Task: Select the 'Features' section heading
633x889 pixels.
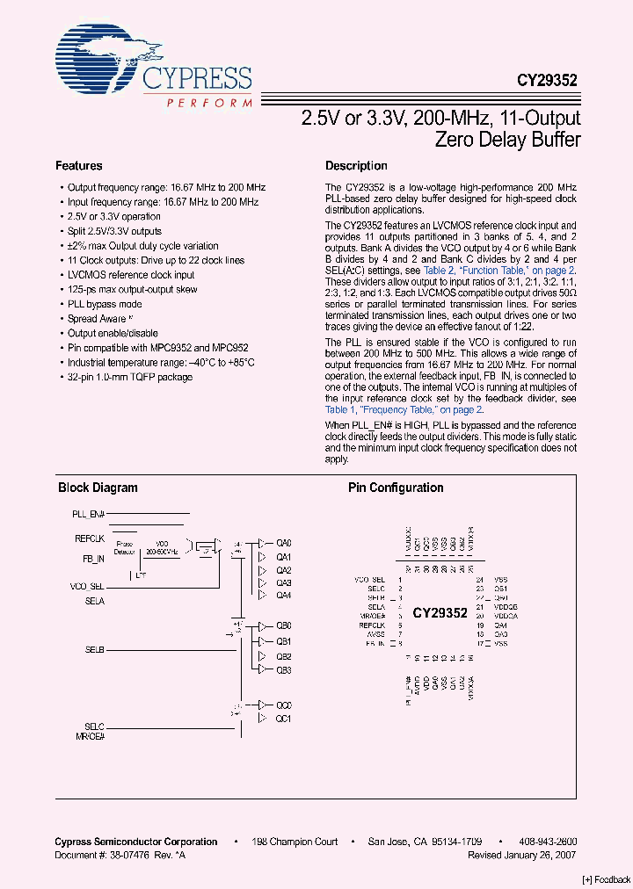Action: [x=78, y=166]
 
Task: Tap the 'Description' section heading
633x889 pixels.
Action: [x=356, y=166]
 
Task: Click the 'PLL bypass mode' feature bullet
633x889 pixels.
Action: [x=105, y=304]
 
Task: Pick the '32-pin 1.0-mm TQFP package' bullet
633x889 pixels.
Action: [x=130, y=377]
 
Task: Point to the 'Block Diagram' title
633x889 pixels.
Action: [x=98, y=488]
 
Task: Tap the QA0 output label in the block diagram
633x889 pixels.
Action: [x=283, y=544]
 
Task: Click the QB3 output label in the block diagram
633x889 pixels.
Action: [x=283, y=669]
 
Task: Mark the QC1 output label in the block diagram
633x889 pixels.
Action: [x=283, y=719]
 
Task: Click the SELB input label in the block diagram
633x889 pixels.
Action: [x=95, y=649]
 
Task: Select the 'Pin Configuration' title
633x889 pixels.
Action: [x=396, y=488]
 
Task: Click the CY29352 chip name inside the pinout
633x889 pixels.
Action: [x=440, y=614]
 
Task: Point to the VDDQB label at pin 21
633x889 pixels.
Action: [x=506, y=607]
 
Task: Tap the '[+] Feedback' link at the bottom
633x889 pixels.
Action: [x=606, y=879]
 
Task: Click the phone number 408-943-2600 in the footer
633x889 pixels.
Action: [x=549, y=842]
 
